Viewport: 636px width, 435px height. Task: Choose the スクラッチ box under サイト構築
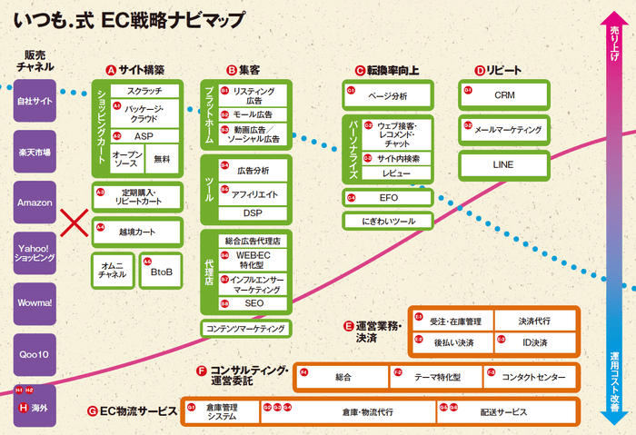[144, 91]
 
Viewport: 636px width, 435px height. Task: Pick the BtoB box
[161, 271]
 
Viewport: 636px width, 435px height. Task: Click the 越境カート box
[137, 232]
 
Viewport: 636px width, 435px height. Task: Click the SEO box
[253, 303]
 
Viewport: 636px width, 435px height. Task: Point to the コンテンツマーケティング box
[245, 328]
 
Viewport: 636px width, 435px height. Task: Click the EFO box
[387, 197]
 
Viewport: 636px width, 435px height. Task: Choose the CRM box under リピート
[504, 94]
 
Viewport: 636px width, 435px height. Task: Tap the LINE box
[504, 165]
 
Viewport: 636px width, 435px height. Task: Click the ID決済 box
[534, 342]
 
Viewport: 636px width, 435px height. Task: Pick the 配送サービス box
[505, 411]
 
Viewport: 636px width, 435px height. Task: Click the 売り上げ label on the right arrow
[615, 43]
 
